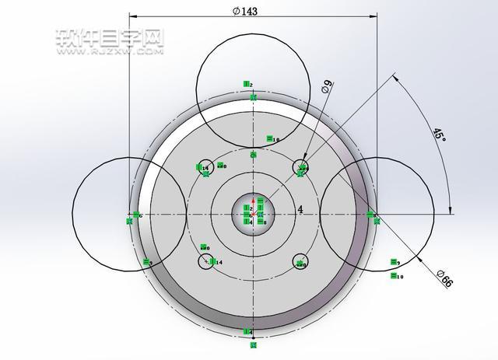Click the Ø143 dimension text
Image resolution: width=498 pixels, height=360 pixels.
[246, 10]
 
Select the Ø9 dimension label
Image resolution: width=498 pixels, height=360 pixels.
[328, 88]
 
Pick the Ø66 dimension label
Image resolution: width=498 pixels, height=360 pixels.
[445, 278]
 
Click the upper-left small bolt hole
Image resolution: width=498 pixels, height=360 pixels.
[204, 167]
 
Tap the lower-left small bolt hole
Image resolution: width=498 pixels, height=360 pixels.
[205, 261]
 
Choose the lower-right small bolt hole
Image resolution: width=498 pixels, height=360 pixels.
[300, 262]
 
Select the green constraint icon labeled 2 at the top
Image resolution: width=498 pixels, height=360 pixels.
[247, 84]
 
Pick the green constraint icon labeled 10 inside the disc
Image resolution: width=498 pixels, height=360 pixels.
[272, 139]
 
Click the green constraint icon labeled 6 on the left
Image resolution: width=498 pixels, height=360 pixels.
[137, 215]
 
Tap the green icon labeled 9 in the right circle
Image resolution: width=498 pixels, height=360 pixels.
[395, 263]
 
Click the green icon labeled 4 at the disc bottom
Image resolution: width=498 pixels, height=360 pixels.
[247, 333]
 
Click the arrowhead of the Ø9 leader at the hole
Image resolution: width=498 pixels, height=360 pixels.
[303, 163]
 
